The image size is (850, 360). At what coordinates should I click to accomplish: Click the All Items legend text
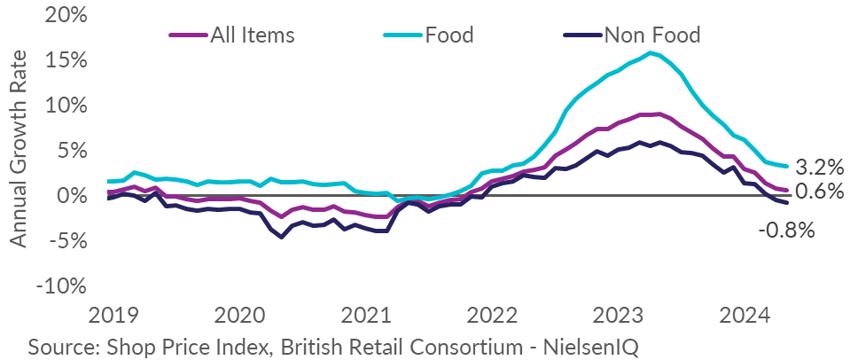(252, 35)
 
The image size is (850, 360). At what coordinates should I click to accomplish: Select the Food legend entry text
(449, 35)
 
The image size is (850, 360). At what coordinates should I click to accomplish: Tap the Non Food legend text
(651, 35)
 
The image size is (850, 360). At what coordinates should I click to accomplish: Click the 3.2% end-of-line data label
(819, 166)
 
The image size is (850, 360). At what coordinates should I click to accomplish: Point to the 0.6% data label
(819, 191)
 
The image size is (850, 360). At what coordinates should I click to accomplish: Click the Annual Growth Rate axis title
(19, 148)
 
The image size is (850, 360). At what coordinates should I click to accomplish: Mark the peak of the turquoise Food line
(651, 53)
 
